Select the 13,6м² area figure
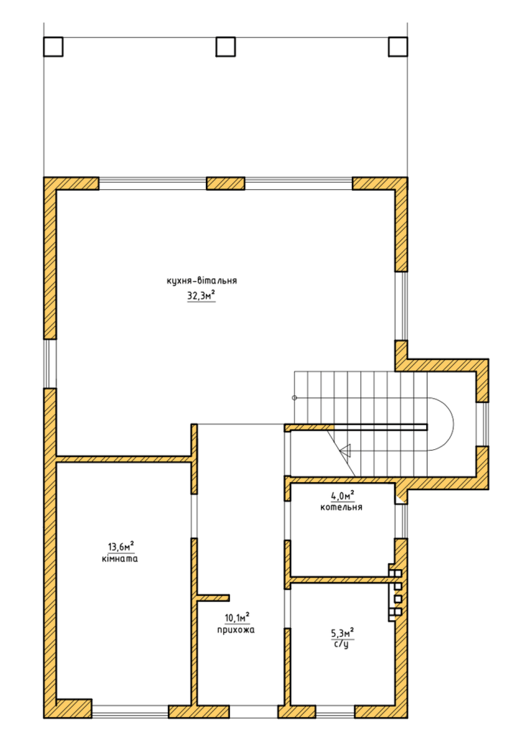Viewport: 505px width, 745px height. click(x=121, y=546)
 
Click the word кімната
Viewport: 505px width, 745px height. click(x=120, y=558)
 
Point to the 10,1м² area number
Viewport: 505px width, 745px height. click(x=237, y=618)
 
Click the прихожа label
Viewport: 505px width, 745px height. click(x=236, y=630)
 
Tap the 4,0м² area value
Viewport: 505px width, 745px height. click(x=342, y=496)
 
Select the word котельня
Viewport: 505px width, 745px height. click(x=341, y=507)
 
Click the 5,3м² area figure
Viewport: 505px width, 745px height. click(x=342, y=633)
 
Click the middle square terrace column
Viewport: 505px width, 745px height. click(x=225, y=47)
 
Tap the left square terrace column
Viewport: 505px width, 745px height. click(x=53, y=47)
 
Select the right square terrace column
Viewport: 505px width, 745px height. click(x=398, y=47)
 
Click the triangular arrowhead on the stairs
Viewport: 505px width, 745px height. click(x=346, y=450)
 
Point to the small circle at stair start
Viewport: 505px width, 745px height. click(x=294, y=398)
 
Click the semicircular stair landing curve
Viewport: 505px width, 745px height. click(x=453, y=424)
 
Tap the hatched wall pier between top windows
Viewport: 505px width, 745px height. click(x=225, y=183)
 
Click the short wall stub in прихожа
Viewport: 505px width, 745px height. click(x=213, y=598)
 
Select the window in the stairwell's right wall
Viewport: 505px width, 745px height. click(x=483, y=424)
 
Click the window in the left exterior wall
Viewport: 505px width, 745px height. click(x=50, y=364)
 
